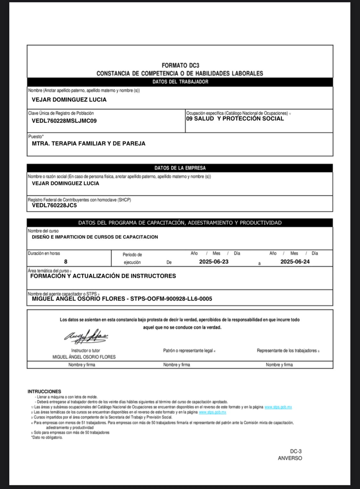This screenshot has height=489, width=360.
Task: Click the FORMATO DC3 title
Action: tap(180, 66)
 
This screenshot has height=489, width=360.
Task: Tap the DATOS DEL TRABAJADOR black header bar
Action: tap(180, 82)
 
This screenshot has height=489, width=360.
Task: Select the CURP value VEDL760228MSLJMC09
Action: tap(64, 121)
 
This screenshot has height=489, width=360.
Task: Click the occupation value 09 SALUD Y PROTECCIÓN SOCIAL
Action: tap(235, 119)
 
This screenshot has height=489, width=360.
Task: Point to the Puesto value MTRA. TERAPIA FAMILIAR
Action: tap(89, 144)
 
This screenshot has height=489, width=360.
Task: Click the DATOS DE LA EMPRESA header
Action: tap(180, 168)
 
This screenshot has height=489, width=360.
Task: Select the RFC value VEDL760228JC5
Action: tap(54, 205)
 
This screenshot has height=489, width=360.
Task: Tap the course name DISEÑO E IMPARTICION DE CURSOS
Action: tap(95, 237)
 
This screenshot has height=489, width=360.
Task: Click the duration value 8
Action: tap(66, 262)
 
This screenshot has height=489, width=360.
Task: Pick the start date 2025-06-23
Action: tap(214, 262)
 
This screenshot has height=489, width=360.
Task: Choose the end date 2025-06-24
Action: tap(295, 262)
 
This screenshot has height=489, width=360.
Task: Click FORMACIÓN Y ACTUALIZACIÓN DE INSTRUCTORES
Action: tap(103, 276)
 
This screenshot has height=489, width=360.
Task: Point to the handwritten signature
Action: tap(86, 336)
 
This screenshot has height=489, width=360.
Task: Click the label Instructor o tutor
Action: tap(85, 351)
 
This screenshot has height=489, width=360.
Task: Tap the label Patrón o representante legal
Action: tap(188, 351)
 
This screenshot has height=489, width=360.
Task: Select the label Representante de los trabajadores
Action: tap(287, 351)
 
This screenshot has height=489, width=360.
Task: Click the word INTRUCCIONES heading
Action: tap(44, 391)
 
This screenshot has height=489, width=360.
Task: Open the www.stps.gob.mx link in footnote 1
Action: tap(278, 407)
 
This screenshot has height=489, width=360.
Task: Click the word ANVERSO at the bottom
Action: tap(290, 458)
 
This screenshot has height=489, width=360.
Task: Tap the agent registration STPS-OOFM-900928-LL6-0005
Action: tap(171, 299)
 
